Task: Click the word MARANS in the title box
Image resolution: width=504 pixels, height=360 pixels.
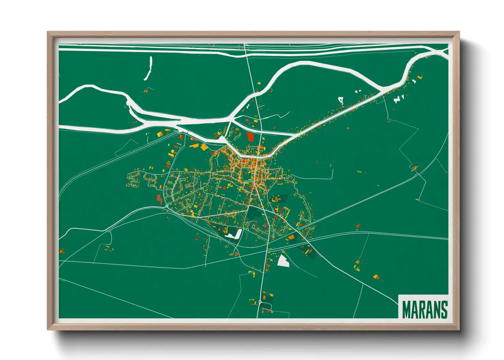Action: pyautogui.click(x=425, y=309)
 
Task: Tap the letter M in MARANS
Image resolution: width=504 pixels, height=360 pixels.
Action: pyautogui.click(x=406, y=309)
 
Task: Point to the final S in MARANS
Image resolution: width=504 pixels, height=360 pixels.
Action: pyautogui.click(x=444, y=309)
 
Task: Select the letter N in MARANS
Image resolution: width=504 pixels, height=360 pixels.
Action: pyautogui.click(x=436, y=309)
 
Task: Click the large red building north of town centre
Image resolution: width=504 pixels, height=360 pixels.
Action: pyautogui.click(x=251, y=137)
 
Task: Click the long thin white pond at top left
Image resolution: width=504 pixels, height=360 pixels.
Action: pyautogui.click(x=148, y=69)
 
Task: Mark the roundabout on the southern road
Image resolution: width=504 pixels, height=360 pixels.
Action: pyautogui.click(x=261, y=301)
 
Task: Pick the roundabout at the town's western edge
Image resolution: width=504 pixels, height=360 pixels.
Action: pyautogui.click(x=167, y=206)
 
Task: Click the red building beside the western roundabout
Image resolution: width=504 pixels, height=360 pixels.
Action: pyautogui.click(x=159, y=199)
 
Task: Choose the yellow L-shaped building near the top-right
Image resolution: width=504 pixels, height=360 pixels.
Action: pyautogui.click(x=420, y=77)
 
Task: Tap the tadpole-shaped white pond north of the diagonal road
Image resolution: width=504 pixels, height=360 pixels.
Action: pyautogui.click(x=340, y=100)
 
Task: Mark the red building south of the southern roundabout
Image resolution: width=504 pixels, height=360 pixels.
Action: pyautogui.click(x=268, y=311)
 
